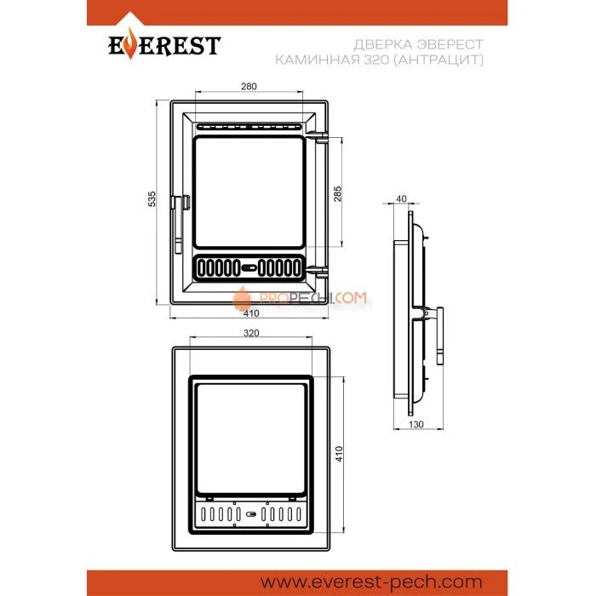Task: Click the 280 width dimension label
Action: click(x=249, y=87)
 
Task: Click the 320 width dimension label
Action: click(x=250, y=333)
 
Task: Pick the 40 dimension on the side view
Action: click(x=402, y=200)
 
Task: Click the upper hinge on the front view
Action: click(x=320, y=135)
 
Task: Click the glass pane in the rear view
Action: click(x=249, y=440)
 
